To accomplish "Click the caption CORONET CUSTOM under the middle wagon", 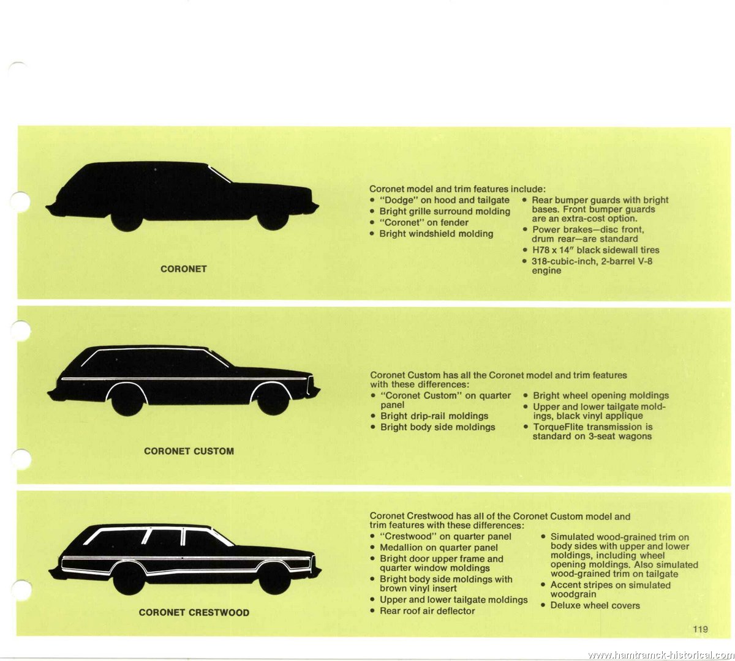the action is (x=189, y=451).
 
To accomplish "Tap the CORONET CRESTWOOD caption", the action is (x=194, y=612).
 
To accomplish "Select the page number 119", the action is (x=700, y=629).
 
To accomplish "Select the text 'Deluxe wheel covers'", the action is (x=595, y=605).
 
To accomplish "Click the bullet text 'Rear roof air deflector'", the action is (x=428, y=611).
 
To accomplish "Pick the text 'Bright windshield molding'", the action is (x=436, y=234).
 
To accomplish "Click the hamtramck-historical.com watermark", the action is (x=661, y=654).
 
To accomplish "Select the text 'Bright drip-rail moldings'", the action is (x=434, y=416).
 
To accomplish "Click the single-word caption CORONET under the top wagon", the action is (x=184, y=269).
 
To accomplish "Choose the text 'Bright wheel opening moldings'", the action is (x=601, y=395).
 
